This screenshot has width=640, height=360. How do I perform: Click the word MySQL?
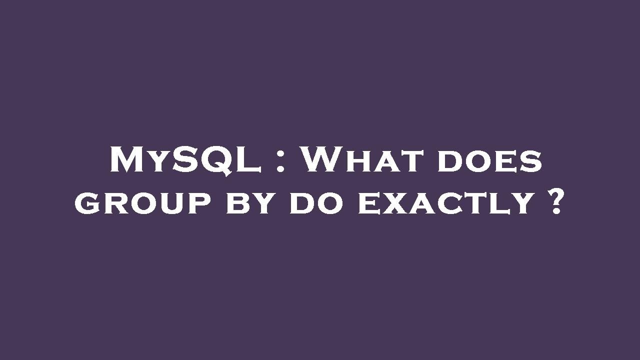click(185, 160)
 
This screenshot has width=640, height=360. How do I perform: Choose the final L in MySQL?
click(250, 160)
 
